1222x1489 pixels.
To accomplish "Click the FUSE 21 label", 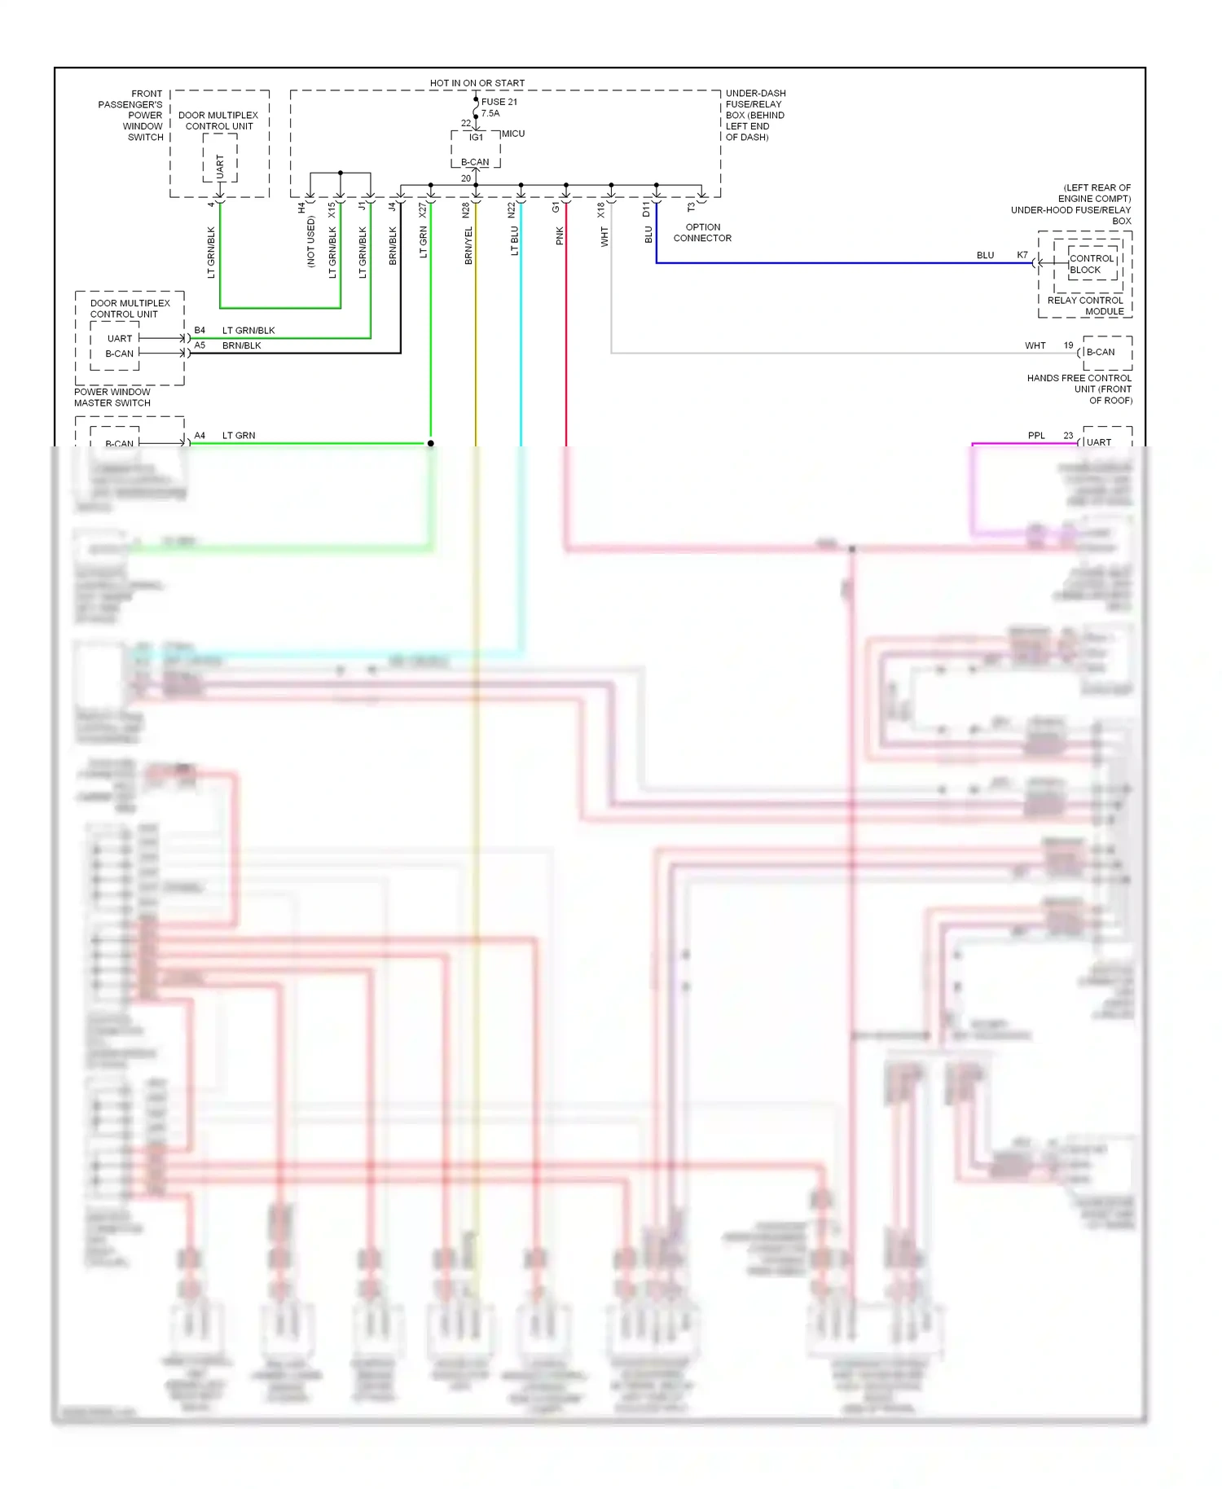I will tap(499, 102).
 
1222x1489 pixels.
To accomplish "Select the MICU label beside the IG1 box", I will tap(513, 134).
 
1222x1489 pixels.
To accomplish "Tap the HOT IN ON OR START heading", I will tap(477, 83).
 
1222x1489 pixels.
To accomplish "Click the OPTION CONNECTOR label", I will tap(702, 233).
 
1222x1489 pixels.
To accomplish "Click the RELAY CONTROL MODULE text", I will tap(1085, 305).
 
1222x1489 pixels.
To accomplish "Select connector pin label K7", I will tap(1022, 255).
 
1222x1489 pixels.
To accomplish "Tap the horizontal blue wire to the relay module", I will tap(815, 263).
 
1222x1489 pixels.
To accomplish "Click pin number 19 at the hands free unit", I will tap(1068, 345).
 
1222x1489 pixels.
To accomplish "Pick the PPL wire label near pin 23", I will tap(1036, 436).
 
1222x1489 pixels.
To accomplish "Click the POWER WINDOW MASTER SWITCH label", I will tap(112, 398).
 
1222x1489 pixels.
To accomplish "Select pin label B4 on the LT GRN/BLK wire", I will tap(200, 331).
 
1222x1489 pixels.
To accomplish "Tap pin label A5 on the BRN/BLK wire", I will tap(200, 345).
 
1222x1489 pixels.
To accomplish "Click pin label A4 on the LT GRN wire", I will tap(200, 436).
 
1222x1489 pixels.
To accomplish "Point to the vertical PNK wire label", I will tap(560, 236).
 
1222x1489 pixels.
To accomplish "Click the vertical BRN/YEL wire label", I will tap(468, 245).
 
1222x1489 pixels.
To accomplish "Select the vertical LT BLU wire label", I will tap(514, 241).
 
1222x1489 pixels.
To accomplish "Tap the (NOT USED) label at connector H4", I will tap(310, 242).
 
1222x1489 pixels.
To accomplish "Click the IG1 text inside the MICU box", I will tap(476, 138).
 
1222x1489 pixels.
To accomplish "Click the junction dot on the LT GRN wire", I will tap(431, 444).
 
